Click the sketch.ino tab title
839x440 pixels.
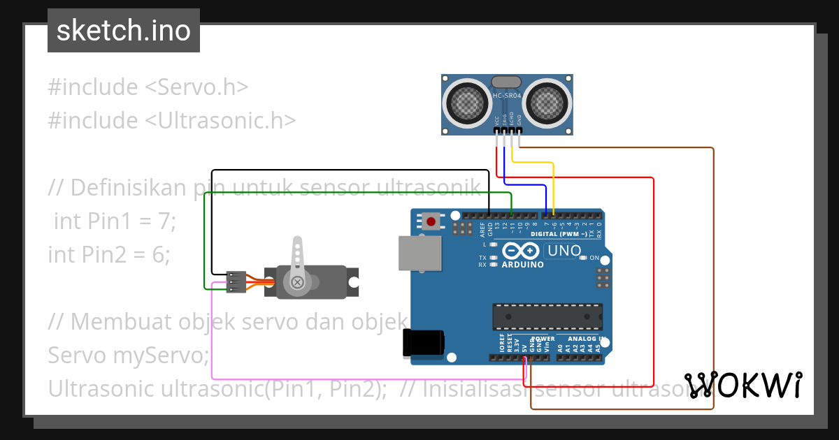(124, 31)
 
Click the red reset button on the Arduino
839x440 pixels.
(431, 222)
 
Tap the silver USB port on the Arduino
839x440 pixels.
(419, 252)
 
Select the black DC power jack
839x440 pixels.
(423, 343)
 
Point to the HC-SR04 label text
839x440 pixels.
(507, 95)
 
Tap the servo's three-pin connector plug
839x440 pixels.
(236, 281)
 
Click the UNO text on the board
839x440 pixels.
(564, 250)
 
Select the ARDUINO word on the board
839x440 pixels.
(523, 265)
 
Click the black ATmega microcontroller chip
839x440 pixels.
(547, 316)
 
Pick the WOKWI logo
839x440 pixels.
(743, 385)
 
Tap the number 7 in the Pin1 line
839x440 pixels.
(164, 221)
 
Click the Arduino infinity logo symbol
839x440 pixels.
(520, 251)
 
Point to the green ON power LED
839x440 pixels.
(583, 258)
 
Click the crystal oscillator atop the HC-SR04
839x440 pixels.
(507, 82)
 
